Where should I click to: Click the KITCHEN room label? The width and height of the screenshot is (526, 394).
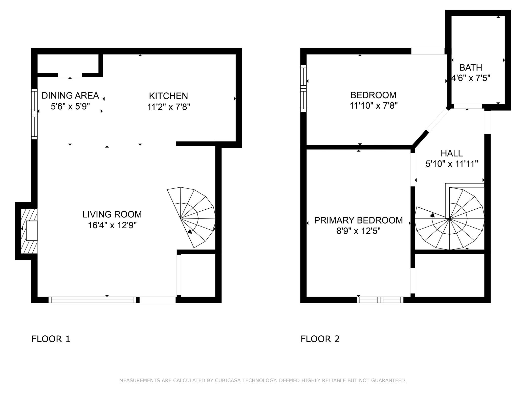pos(168,96)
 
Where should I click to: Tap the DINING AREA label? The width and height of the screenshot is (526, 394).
pos(70,95)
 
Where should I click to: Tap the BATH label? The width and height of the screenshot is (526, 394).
pos(471,67)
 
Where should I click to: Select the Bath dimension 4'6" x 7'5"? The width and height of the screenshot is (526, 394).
pos(471,78)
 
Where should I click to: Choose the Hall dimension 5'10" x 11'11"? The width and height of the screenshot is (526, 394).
pos(452,164)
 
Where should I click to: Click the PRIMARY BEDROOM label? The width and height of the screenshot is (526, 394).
pos(358,220)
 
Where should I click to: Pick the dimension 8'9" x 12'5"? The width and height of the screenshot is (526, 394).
pos(358,231)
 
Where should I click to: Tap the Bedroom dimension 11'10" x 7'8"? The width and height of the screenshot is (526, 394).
pos(374,106)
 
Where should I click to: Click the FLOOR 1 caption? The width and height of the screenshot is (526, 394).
pos(51,339)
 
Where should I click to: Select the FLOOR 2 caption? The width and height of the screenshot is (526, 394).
pos(320,339)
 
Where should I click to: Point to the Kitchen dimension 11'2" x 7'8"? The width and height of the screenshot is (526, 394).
pos(168,107)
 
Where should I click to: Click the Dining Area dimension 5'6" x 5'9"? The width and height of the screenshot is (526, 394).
pos(70,106)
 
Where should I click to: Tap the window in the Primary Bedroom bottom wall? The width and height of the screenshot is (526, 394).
pos(380,300)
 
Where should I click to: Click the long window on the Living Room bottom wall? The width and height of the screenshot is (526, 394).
pos(92,300)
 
